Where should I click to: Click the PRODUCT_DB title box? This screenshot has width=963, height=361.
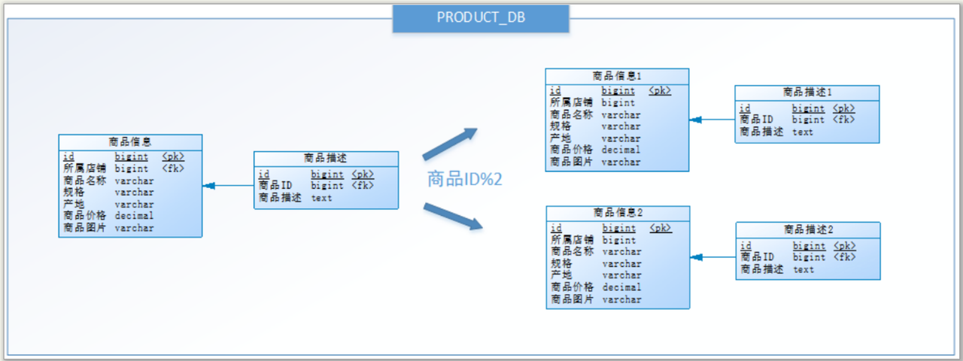481,17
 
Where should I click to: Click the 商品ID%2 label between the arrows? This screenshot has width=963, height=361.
464,179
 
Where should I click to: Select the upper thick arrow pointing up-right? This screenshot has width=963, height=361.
451,144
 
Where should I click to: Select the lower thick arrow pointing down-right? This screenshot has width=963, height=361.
451,215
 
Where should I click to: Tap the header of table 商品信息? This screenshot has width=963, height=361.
130,141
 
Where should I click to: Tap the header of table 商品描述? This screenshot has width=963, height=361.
326,158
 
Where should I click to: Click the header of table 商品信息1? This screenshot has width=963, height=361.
617,76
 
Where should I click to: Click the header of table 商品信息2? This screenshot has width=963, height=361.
618,213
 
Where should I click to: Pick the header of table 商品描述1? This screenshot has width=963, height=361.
807,93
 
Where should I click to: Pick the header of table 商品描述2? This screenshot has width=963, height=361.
808,229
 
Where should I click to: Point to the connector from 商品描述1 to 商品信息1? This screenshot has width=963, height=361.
712,120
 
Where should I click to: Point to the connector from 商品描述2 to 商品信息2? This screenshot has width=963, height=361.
712,257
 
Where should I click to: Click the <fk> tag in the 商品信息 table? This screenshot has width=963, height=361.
173,168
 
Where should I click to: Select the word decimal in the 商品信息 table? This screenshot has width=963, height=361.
134,216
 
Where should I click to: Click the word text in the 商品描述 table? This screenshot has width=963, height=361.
322,198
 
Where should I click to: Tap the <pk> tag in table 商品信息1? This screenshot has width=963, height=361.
660,91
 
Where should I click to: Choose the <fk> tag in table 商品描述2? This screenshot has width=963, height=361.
845,257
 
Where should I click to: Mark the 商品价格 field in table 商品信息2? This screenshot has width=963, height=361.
573,287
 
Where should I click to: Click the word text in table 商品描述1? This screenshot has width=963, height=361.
803,132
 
